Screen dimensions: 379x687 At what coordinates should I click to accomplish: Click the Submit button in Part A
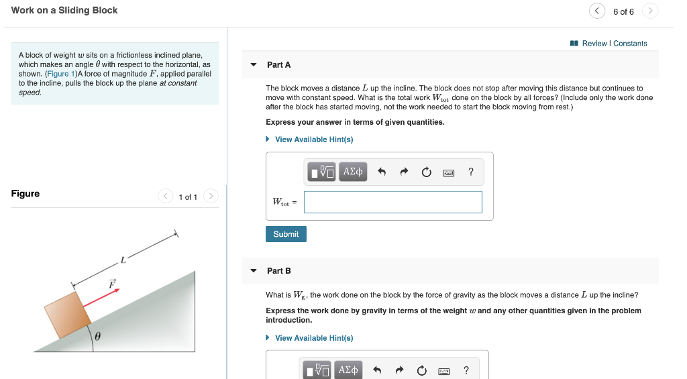coord(286,234)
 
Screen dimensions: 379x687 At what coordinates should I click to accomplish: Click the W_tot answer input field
coord(392,202)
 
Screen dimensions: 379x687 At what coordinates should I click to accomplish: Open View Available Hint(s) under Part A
coord(313,140)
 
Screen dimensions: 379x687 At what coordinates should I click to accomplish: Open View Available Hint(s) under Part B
coord(313,338)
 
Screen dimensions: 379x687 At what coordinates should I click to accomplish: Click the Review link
coord(594,44)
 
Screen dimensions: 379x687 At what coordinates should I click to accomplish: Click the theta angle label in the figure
coord(98,337)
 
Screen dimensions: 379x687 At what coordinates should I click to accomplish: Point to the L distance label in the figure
coord(123,259)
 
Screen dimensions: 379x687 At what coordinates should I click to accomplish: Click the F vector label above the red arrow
coord(112,284)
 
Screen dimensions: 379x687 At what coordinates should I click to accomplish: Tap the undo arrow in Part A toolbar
coord(382,172)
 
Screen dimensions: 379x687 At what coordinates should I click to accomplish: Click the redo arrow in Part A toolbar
coord(404,172)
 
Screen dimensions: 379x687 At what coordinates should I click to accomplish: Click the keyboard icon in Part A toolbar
coord(449,172)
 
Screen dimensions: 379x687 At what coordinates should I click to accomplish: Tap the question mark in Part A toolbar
coord(471,172)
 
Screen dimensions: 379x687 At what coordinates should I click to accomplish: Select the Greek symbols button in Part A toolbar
coord(353,172)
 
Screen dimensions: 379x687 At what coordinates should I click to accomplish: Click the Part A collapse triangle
coord(254,65)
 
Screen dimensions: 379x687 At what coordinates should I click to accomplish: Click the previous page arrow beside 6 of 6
coord(596,11)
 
